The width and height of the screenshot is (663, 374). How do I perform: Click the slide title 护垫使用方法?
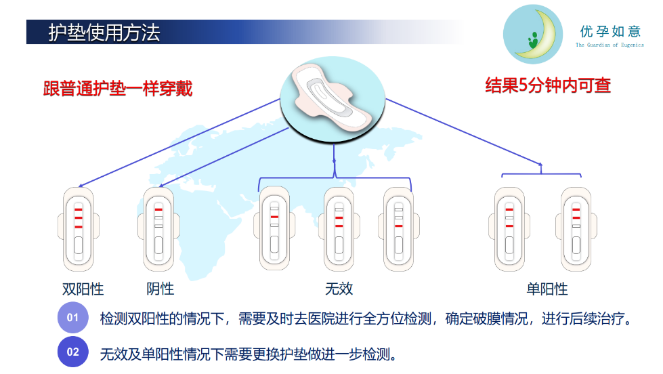(x=104, y=33)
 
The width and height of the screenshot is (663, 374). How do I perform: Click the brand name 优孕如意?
(x=610, y=31)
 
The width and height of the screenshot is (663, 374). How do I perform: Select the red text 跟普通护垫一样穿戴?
(x=118, y=89)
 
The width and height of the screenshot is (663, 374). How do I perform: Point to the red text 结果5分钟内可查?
(x=548, y=85)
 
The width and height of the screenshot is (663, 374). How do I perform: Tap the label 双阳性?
(x=83, y=289)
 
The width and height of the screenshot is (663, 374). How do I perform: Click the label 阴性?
(x=161, y=289)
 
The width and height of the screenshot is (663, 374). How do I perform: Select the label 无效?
(x=339, y=289)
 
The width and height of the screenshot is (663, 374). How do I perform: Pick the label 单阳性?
(x=547, y=289)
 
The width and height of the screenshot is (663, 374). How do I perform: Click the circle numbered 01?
(x=72, y=317)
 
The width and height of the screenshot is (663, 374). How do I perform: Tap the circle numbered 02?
(x=72, y=352)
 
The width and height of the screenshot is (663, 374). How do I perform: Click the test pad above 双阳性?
(x=79, y=229)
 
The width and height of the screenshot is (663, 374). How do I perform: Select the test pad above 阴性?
(x=158, y=229)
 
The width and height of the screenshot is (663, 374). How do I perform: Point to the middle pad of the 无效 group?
(x=339, y=229)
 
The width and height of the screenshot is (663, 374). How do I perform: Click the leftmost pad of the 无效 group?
(x=274, y=229)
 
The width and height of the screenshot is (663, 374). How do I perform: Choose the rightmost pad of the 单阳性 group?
(x=576, y=229)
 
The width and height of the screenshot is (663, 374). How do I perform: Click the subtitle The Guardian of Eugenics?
(x=609, y=45)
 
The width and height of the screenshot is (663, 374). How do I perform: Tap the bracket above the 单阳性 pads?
(x=541, y=173)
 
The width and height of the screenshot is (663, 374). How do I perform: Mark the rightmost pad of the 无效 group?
(x=399, y=229)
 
